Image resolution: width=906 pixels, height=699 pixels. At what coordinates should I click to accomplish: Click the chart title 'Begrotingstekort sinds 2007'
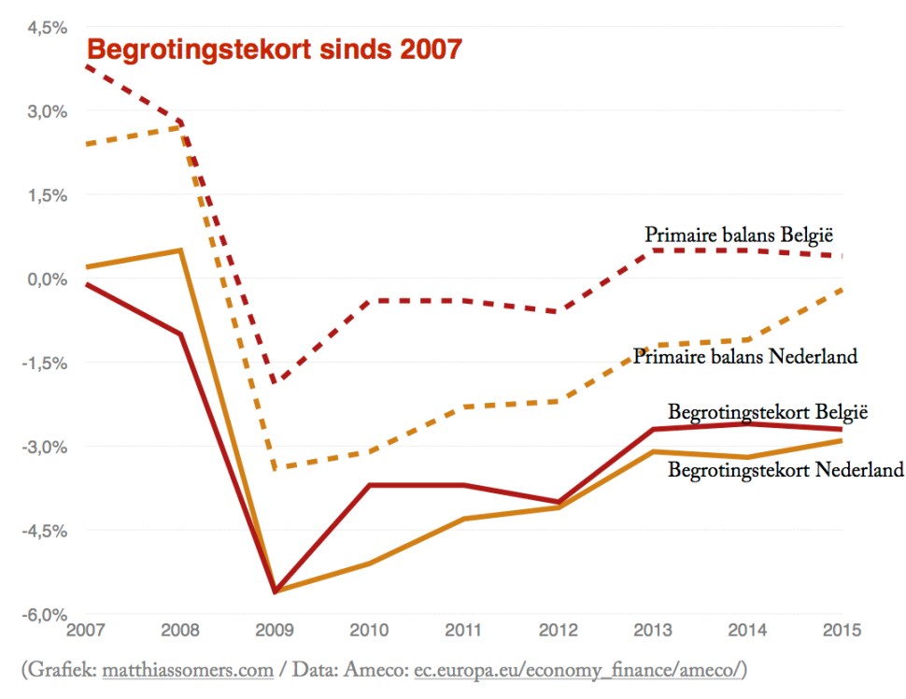pos(274,49)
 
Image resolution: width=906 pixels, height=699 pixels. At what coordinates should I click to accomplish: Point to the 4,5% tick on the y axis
pos(47,27)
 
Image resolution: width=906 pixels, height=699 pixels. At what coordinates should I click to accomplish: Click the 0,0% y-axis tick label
pos(47,278)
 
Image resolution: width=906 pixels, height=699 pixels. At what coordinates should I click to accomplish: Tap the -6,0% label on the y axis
pos(45,614)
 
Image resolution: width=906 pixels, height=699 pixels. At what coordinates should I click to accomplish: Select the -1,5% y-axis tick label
pos(45,363)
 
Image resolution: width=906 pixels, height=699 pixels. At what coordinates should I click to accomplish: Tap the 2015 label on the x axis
pos(841,629)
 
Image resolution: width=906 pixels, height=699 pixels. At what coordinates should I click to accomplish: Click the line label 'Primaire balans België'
pos(739,234)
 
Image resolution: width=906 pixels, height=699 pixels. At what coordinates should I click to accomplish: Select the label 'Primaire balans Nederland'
pos(744,356)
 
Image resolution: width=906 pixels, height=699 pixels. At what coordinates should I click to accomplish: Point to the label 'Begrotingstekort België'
pos(768,411)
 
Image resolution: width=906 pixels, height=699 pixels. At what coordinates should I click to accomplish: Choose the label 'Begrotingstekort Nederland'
pos(786,469)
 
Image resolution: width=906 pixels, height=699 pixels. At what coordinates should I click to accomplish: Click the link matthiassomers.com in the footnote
pos(187,670)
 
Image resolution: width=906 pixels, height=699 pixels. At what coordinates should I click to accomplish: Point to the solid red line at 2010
pos(371,485)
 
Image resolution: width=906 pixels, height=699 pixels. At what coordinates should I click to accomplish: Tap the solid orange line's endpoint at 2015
pos(842,441)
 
